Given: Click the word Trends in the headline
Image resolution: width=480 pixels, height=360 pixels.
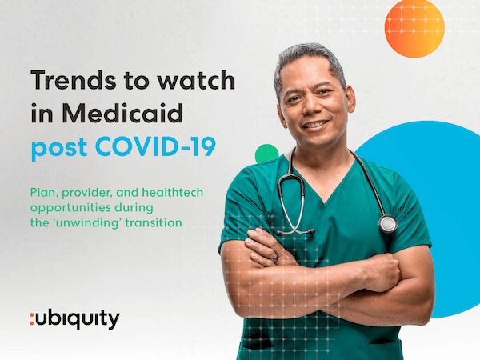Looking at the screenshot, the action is click(74, 80).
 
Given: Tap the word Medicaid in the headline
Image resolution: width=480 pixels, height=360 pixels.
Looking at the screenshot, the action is click(123, 114).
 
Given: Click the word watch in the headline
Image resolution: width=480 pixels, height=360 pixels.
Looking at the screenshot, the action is click(196, 79).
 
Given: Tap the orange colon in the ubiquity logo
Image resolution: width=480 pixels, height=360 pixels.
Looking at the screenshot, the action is click(32, 319).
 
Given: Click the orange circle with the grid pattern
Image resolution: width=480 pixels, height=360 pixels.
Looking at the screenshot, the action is click(414, 28).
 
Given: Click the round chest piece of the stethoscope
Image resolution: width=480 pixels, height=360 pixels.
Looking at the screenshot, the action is click(388, 224).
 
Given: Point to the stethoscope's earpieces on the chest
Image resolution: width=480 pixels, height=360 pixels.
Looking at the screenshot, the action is click(295, 232).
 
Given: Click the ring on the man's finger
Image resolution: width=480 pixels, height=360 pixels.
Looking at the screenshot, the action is click(276, 258).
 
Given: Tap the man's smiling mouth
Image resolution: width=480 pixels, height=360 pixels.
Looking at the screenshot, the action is click(315, 125).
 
